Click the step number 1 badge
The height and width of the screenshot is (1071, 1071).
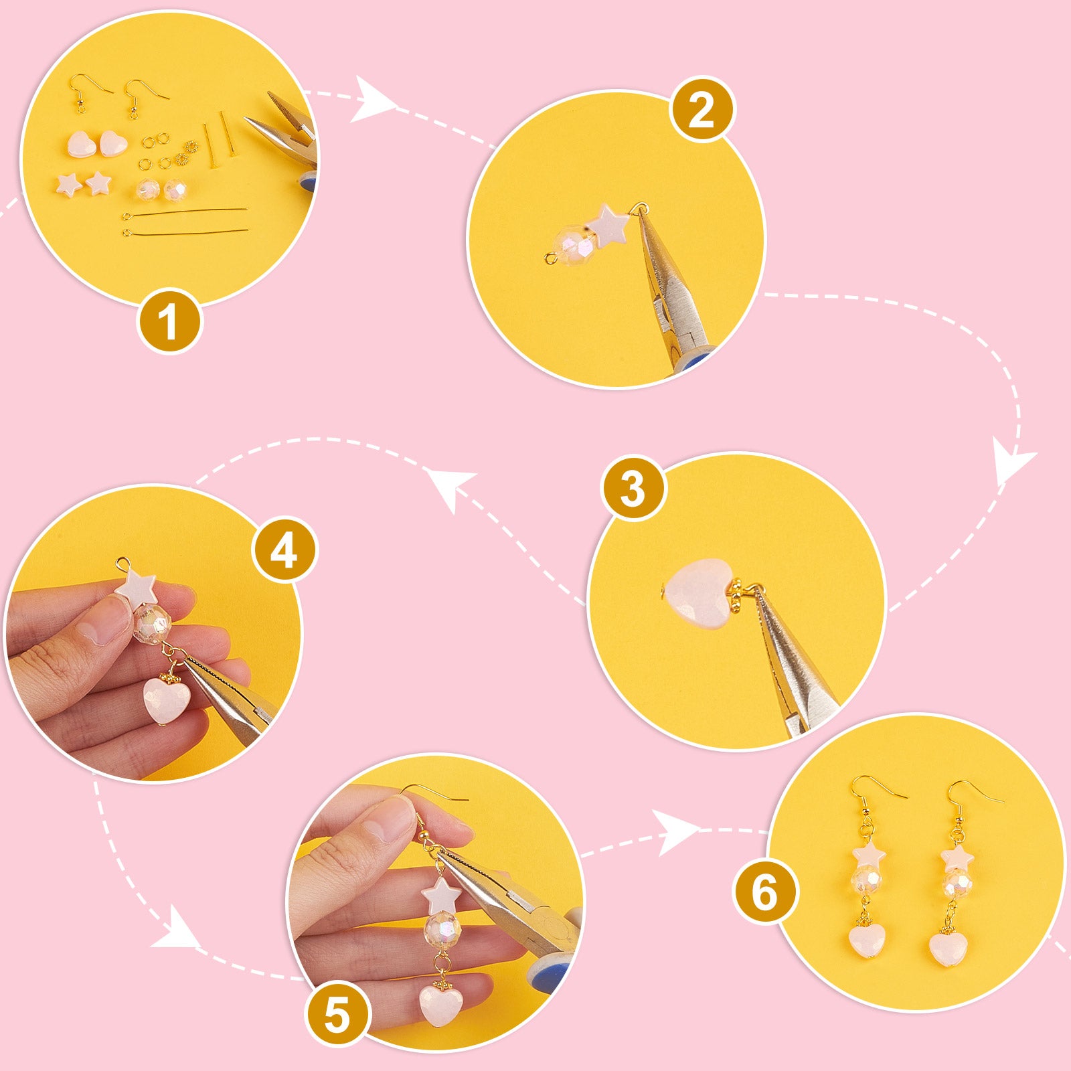169,321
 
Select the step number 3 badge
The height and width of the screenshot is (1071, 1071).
633,489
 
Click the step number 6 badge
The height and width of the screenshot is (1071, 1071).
766,892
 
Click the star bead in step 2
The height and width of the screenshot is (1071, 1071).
608,225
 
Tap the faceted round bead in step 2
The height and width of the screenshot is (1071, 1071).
574,246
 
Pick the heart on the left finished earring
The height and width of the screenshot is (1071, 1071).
867,940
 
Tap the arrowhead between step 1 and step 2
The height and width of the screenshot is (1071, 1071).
372,100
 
